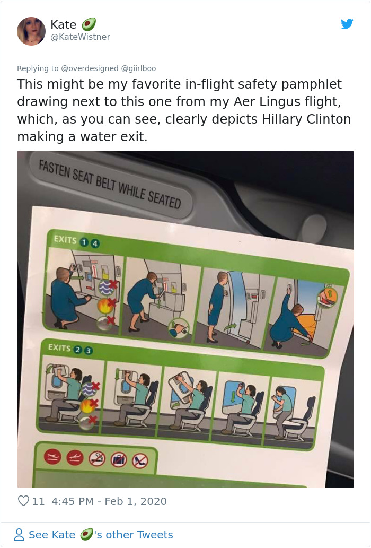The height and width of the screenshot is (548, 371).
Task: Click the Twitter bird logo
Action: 347,24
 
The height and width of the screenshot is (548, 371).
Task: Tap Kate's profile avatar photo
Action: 31,31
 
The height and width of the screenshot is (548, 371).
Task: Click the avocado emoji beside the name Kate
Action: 89,24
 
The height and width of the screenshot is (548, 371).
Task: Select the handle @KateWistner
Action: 80,37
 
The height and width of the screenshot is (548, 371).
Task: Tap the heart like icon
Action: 23,501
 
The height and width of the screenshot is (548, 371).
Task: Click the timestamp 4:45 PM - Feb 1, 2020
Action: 109,501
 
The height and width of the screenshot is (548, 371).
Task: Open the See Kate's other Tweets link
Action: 101,535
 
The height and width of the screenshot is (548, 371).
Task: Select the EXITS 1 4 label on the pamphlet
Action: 76,241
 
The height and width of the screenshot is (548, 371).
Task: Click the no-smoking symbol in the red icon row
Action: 98,459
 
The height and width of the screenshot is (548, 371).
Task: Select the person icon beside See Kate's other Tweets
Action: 19,535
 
